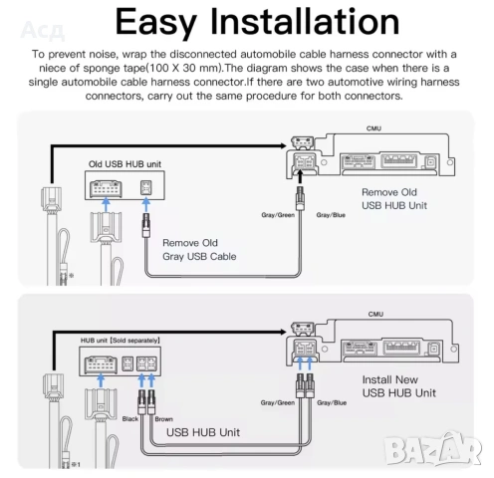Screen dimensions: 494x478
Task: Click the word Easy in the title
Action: (155, 22)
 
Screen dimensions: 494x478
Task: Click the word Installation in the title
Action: (305, 21)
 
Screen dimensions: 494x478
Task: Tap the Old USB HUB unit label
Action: (124, 164)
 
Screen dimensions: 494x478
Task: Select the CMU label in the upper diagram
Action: (373, 128)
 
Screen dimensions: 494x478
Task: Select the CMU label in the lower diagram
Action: (375, 314)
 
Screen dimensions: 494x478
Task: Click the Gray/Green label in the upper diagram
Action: (278, 215)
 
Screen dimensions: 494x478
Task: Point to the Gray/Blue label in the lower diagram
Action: (332, 402)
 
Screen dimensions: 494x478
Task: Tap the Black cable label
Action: (130, 419)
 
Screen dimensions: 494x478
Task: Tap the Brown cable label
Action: (164, 419)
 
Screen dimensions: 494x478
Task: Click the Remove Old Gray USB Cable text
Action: (199, 250)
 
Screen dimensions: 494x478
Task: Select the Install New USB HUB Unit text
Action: (399, 386)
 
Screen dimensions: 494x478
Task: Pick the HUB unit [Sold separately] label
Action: (121, 341)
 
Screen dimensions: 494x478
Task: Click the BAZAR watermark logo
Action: (433, 449)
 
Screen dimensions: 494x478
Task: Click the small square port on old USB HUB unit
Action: (145, 188)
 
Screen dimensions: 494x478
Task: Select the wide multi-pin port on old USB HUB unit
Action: (106, 188)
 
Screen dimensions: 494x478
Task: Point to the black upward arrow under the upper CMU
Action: (300, 176)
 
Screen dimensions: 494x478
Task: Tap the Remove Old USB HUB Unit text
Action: (394, 199)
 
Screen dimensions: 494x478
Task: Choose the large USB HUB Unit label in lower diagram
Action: (203, 432)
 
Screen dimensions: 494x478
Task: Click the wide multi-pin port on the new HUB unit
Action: (101, 364)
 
